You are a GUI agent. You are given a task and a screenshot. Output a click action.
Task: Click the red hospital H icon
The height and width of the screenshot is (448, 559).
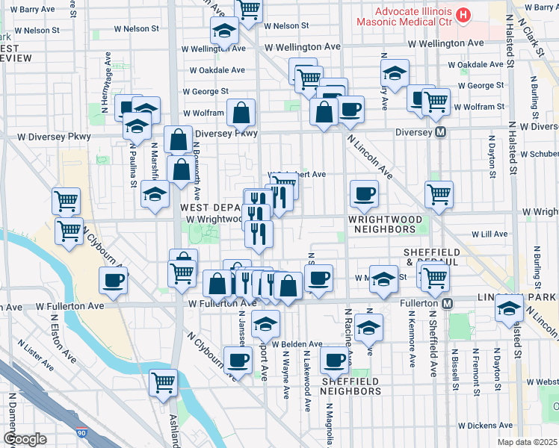coord(464,14)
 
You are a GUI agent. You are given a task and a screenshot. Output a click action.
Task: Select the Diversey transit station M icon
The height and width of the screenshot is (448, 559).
coord(441,131)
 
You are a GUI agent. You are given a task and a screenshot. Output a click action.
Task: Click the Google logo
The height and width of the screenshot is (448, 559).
coord(25,439)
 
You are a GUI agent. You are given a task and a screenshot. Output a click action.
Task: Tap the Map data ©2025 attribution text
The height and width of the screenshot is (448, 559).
coord(528,442)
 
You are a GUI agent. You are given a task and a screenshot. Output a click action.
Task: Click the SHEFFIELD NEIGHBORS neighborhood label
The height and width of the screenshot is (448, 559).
coord(351,386)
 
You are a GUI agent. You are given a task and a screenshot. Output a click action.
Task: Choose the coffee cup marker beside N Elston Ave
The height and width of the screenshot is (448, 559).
coord(113,281)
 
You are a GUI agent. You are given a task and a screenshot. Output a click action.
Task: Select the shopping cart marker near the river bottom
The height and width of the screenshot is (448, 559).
coord(163,383)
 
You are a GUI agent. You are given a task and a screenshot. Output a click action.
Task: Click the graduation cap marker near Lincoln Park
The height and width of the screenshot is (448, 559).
coord(510,307)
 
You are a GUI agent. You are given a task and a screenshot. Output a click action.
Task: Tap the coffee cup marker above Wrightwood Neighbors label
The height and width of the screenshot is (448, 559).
coord(364,194)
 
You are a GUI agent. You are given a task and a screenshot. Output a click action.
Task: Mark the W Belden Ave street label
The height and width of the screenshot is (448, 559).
coord(297,344)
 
